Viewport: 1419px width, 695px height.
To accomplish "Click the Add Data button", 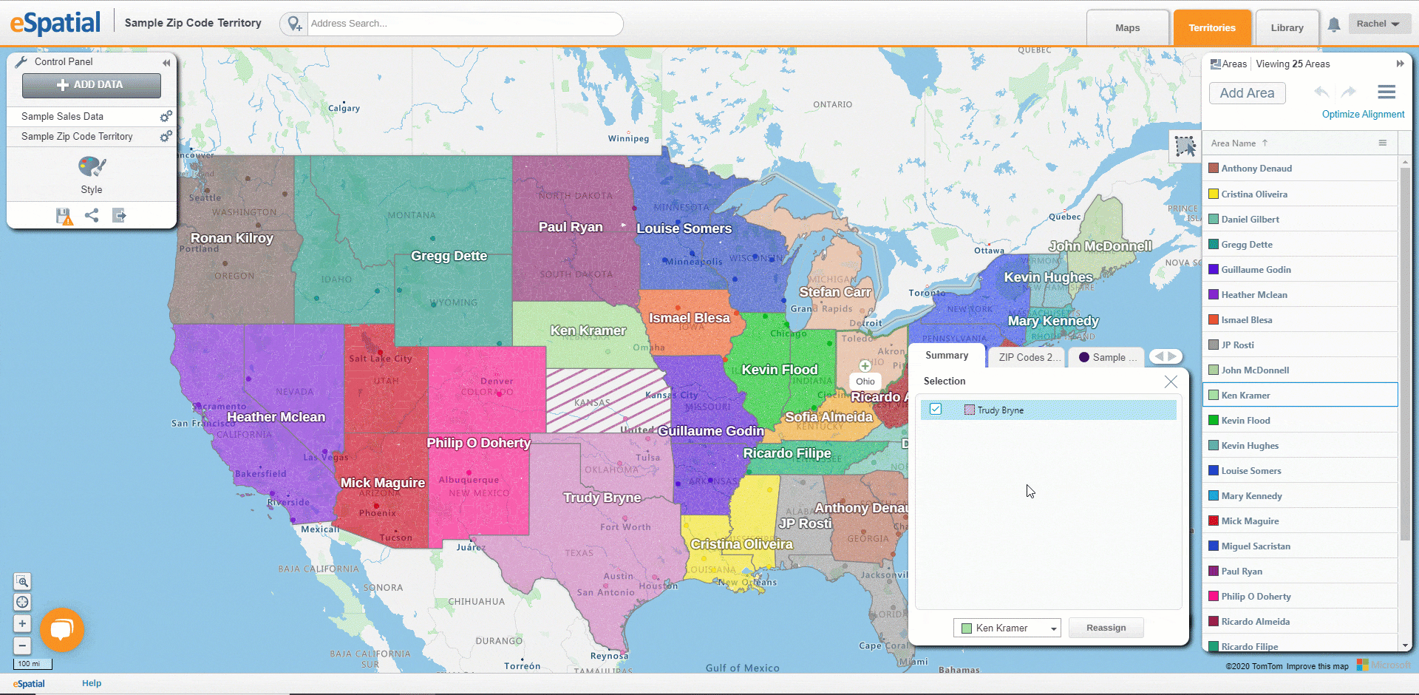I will [91, 85].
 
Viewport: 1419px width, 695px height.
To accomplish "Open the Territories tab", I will [1211, 28].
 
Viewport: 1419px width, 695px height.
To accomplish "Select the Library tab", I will [1287, 28].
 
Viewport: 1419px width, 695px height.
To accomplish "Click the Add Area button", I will [1247, 93].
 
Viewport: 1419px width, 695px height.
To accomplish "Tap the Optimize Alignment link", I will [1363, 115].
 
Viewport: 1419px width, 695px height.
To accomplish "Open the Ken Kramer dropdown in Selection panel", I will [1007, 628].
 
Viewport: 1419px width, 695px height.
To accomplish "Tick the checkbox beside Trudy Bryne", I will [936, 410].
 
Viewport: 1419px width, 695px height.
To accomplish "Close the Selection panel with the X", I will [1171, 382].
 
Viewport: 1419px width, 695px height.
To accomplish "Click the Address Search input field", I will [464, 24].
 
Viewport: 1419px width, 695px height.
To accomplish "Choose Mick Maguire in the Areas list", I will [1250, 521].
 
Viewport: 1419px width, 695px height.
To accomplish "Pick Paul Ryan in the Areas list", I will [1242, 572].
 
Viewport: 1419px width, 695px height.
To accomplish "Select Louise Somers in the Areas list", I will [1251, 471].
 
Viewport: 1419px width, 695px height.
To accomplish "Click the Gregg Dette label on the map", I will [449, 256].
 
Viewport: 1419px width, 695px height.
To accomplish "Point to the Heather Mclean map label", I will [276, 417].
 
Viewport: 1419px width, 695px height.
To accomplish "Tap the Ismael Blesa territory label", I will [689, 318].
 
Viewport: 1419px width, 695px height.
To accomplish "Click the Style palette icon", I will [92, 168].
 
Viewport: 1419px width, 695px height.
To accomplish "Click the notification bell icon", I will [1334, 25].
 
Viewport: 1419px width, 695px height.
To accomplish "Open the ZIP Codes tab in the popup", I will [1029, 357].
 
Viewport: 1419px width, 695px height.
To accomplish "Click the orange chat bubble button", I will [62, 629].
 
